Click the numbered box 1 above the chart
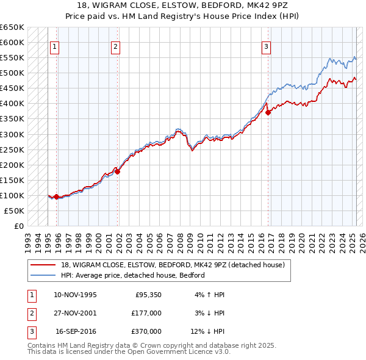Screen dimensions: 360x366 click(55, 46)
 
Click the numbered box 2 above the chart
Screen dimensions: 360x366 click(115, 46)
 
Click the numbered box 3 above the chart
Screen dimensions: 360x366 click(267, 46)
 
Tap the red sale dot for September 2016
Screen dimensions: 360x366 click(268, 112)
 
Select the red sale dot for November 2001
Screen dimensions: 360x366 click(118, 171)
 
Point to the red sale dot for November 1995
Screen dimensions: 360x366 click(56, 196)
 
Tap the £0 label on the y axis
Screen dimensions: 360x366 click(18, 226)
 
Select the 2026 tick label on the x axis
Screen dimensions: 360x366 click(362, 238)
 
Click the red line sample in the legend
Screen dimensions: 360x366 click(43, 265)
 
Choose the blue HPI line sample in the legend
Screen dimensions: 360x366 click(43, 275)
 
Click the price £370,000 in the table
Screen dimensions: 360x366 click(146, 333)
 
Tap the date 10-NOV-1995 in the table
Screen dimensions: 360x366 click(75, 295)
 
